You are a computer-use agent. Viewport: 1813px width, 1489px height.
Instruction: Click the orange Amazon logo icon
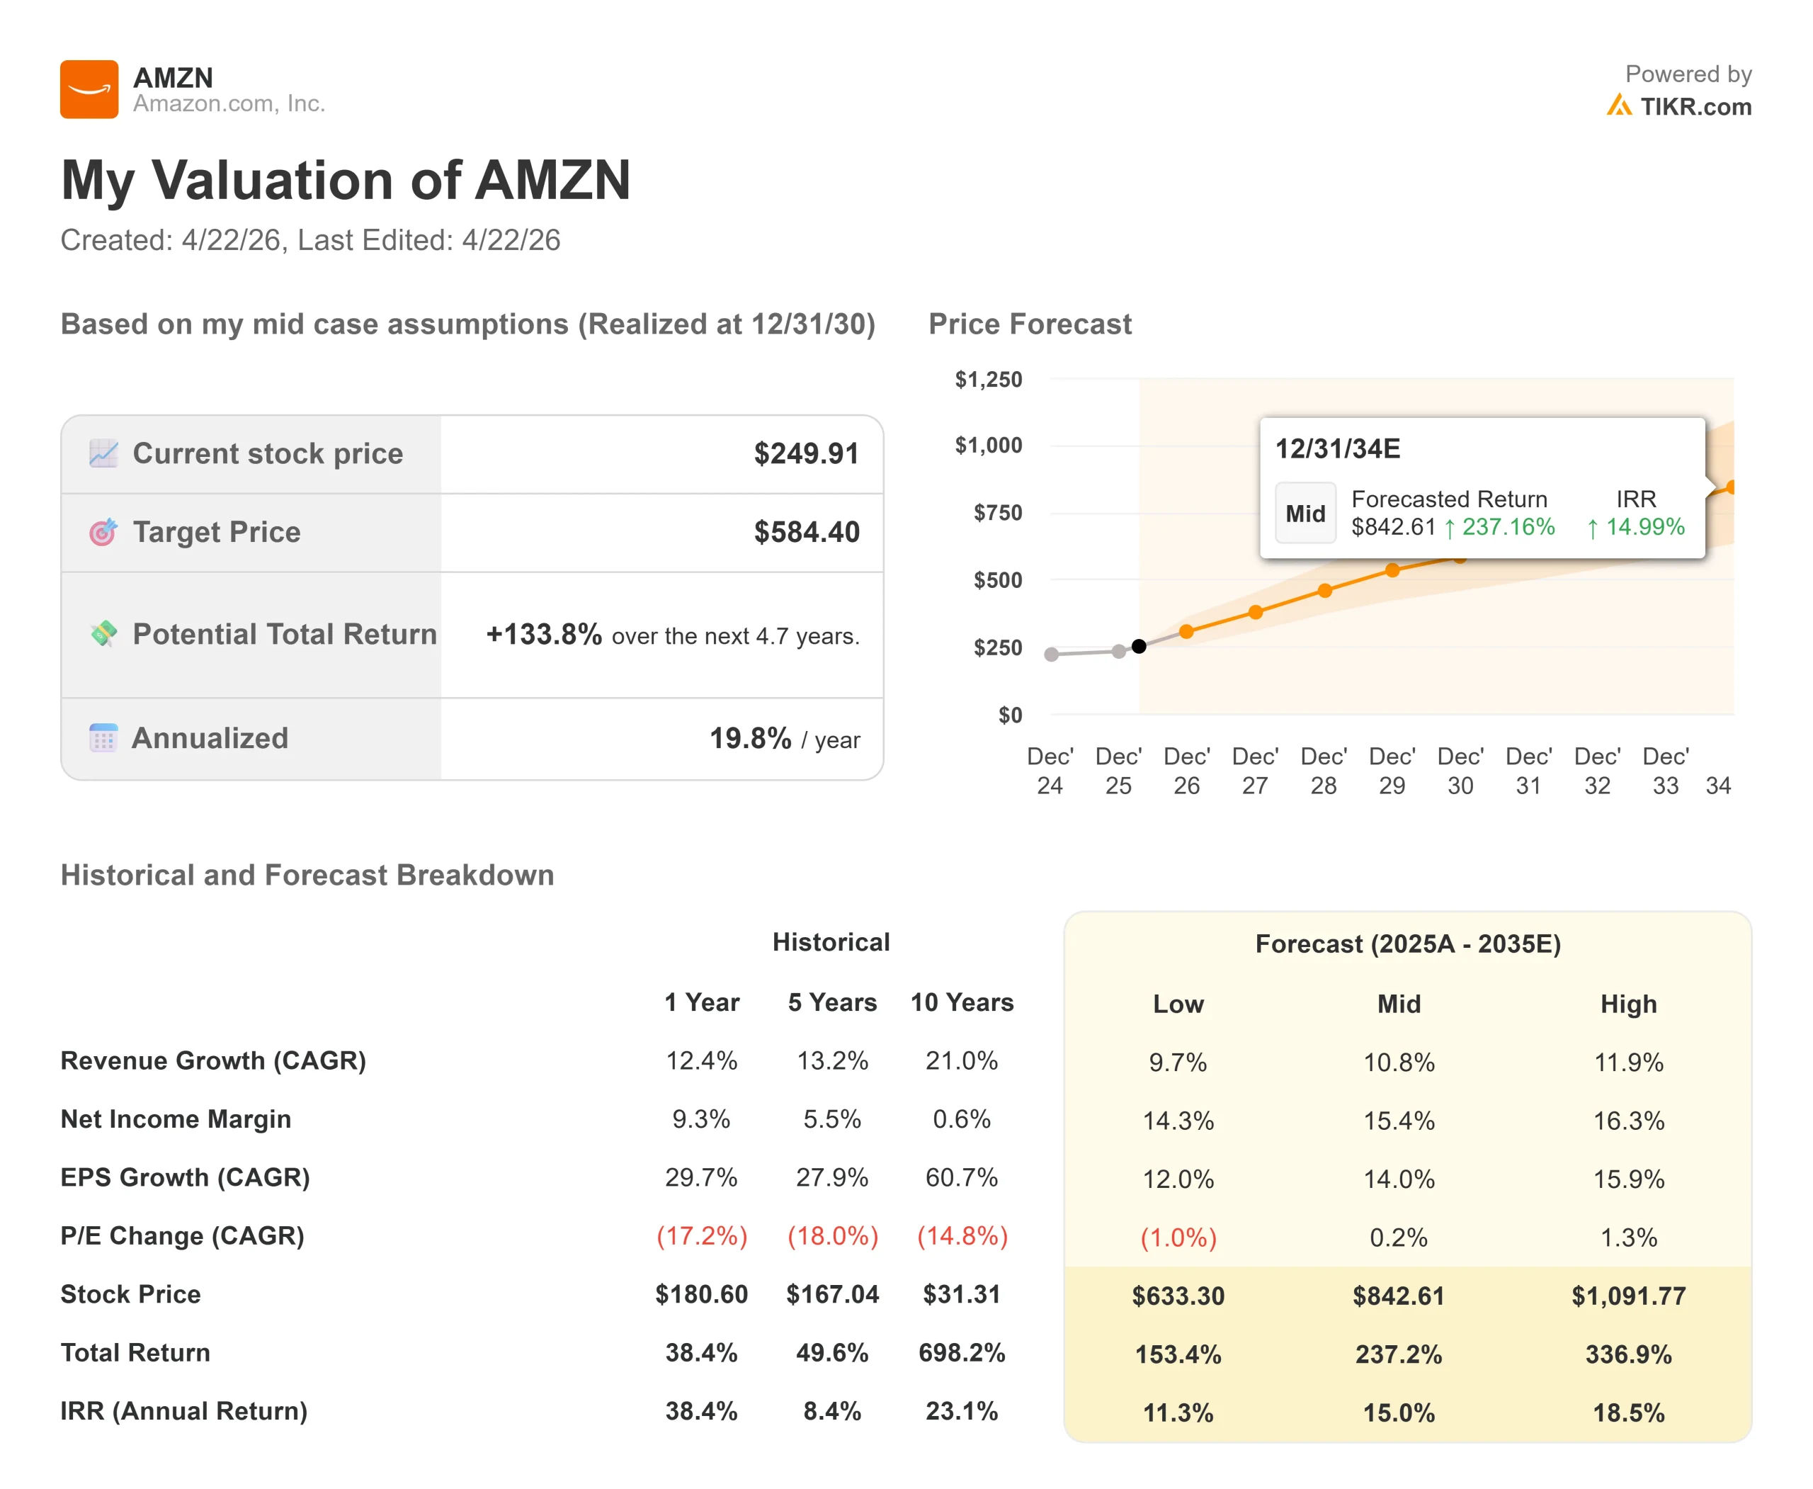pyautogui.click(x=89, y=89)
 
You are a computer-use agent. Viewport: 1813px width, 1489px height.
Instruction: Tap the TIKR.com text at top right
pyautogui.click(x=1695, y=106)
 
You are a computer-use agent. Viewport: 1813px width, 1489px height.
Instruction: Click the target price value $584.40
pyautogui.click(x=806, y=532)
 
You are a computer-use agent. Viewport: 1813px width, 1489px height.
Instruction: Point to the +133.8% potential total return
pyautogui.click(x=544, y=635)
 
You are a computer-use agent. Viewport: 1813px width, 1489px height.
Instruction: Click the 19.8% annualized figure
pyautogui.click(x=749, y=739)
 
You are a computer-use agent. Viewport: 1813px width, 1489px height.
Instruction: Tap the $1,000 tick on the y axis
pyautogui.click(x=988, y=445)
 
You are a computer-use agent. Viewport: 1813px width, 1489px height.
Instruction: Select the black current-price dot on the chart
pyautogui.click(x=1138, y=646)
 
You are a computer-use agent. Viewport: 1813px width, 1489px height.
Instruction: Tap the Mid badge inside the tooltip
pyautogui.click(x=1305, y=514)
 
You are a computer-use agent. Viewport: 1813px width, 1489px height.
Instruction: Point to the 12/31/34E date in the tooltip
pyautogui.click(x=1337, y=448)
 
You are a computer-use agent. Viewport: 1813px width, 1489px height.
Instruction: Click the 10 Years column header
pyautogui.click(x=962, y=1002)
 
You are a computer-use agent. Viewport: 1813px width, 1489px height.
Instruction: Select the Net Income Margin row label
pyautogui.click(x=176, y=1119)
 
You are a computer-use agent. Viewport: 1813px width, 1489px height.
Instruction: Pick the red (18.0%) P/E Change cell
pyautogui.click(x=832, y=1236)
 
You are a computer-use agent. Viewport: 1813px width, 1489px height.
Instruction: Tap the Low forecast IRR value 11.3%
pyautogui.click(x=1178, y=1412)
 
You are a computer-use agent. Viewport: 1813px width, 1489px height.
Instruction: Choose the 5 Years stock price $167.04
pyautogui.click(x=832, y=1293)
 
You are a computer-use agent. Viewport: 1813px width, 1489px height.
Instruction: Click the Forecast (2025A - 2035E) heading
pyautogui.click(x=1407, y=944)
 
